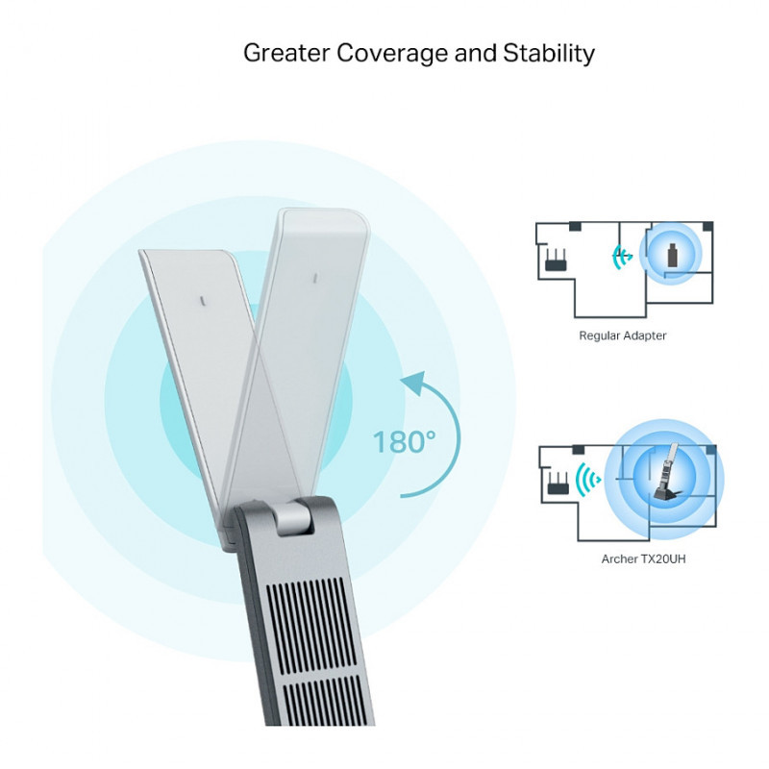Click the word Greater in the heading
click(x=285, y=52)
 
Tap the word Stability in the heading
click(x=549, y=52)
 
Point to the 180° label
click(x=404, y=442)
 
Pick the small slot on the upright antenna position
click(x=314, y=279)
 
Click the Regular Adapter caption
click(x=622, y=336)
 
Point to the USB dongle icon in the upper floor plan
click(x=672, y=255)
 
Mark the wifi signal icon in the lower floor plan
click(x=586, y=479)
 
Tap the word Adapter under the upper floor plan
click(x=645, y=336)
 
